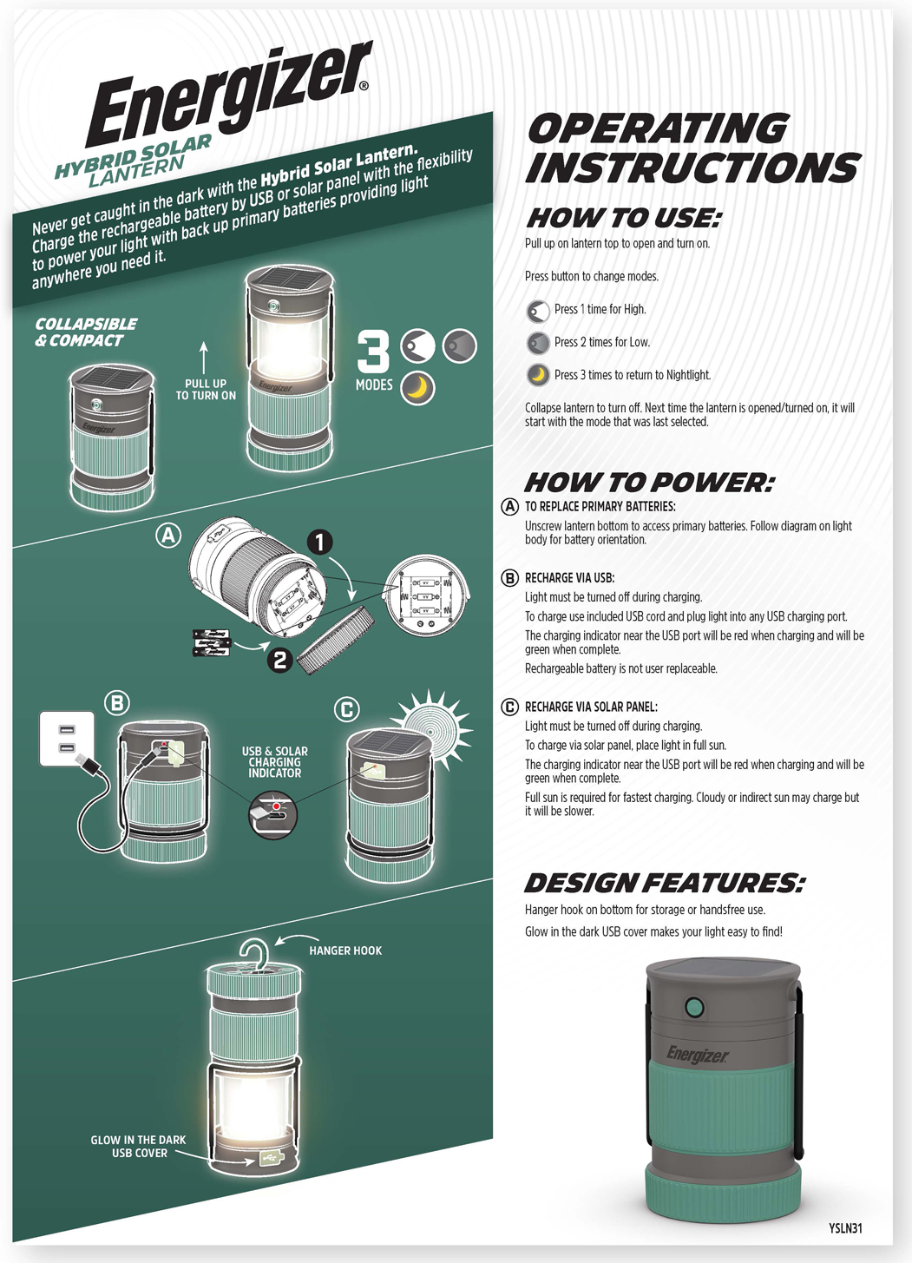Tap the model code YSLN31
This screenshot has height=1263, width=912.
[x=844, y=1228]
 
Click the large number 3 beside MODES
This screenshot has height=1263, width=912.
[x=373, y=352]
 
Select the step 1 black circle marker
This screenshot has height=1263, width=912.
[x=319, y=543]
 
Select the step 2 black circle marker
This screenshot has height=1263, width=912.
[x=279, y=660]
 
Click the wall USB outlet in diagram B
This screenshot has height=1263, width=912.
[x=67, y=738]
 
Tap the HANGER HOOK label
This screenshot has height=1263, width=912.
[x=345, y=951]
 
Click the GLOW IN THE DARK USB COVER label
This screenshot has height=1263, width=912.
[x=138, y=1147]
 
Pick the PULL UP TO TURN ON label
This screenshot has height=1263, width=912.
[x=206, y=390]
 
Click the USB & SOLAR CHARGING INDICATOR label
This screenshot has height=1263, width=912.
[x=274, y=762]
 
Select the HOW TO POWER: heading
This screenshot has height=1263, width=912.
[x=649, y=483]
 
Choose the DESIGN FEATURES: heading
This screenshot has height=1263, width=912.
[x=665, y=884]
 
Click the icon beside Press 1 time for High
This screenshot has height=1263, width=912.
[x=538, y=311]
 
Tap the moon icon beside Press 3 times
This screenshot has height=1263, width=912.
[x=538, y=375]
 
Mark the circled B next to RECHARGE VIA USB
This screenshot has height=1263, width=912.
[x=510, y=578]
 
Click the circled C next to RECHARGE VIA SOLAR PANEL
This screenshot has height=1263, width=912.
[x=510, y=707]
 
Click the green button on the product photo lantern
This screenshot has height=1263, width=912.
[x=693, y=1008]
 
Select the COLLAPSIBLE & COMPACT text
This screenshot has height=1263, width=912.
[x=86, y=332]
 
